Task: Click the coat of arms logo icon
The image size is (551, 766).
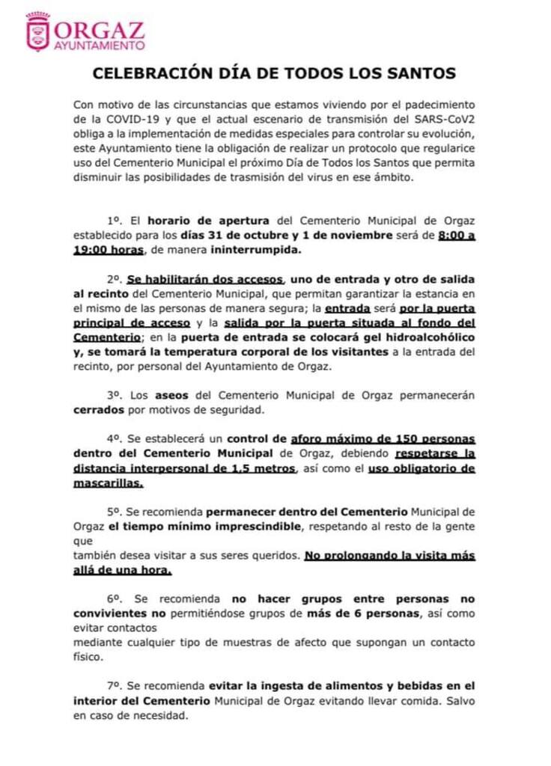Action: click(x=37, y=31)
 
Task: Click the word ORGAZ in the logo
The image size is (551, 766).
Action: click(x=100, y=28)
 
